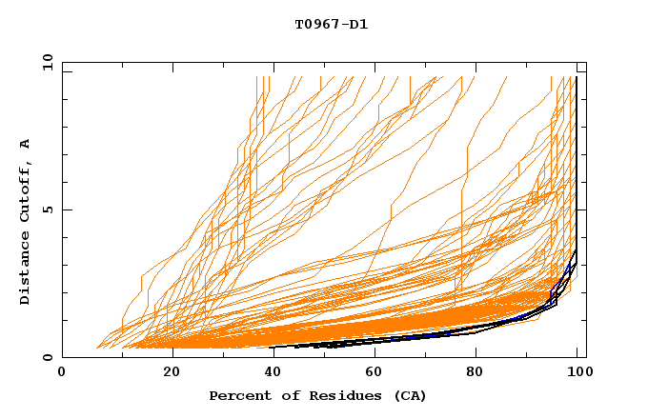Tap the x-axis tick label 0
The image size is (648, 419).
point(63,373)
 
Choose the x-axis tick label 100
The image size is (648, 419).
point(577,373)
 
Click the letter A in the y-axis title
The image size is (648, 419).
point(26,143)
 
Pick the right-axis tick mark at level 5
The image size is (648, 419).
point(582,209)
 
